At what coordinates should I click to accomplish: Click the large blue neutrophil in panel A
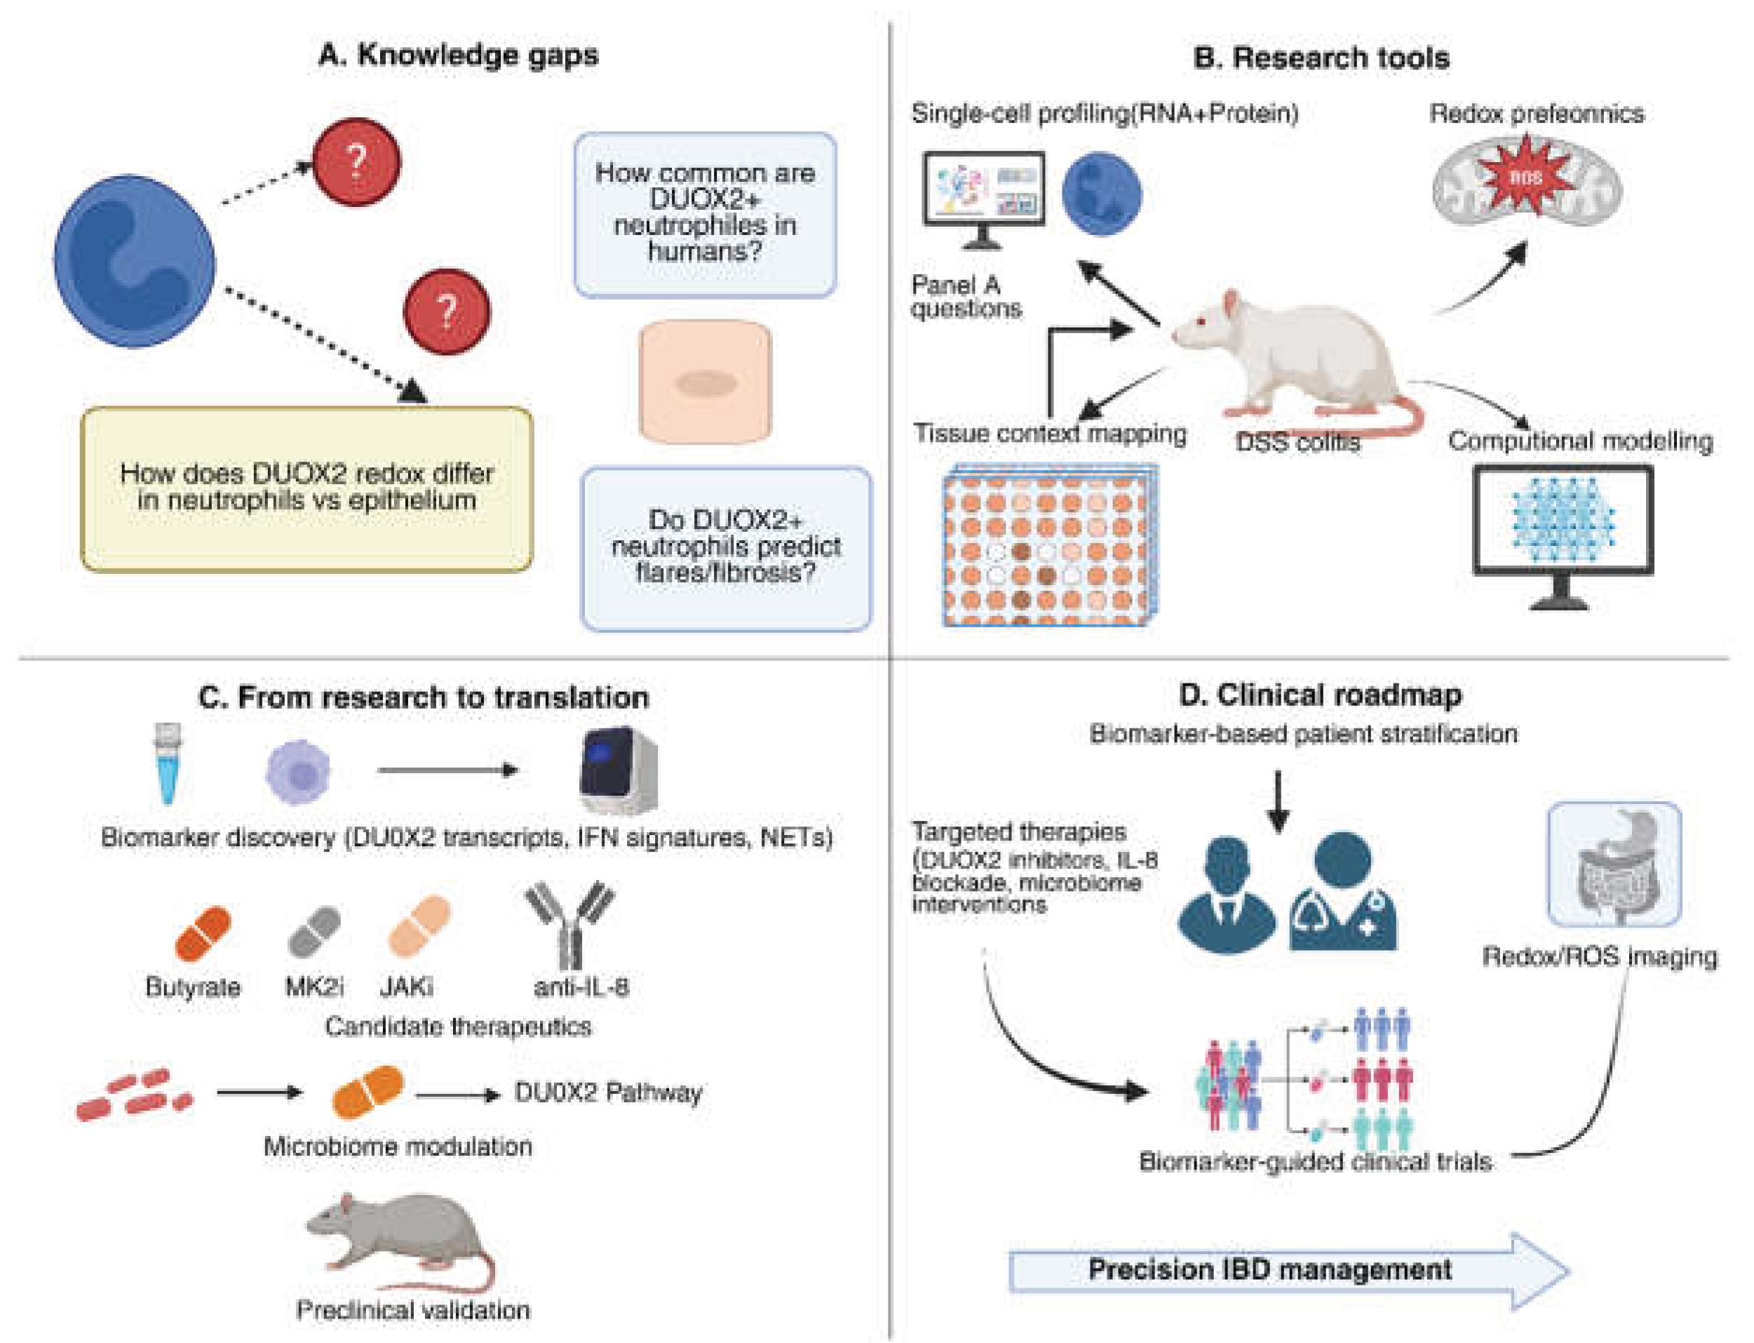tap(134, 262)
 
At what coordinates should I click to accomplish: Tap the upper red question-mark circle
tap(356, 162)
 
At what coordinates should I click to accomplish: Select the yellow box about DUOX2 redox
tap(307, 489)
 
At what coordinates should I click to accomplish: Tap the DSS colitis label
tap(1297, 441)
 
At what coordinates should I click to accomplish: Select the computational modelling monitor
tap(1563, 528)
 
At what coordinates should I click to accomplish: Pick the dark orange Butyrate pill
tap(203, 932)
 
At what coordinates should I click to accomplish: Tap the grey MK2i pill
tap(314, 930)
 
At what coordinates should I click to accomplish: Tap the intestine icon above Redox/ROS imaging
tap(1614, 866)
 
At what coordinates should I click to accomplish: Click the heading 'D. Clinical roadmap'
tap(1320, 695)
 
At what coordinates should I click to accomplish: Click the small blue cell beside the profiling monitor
tap(1101, 194)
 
